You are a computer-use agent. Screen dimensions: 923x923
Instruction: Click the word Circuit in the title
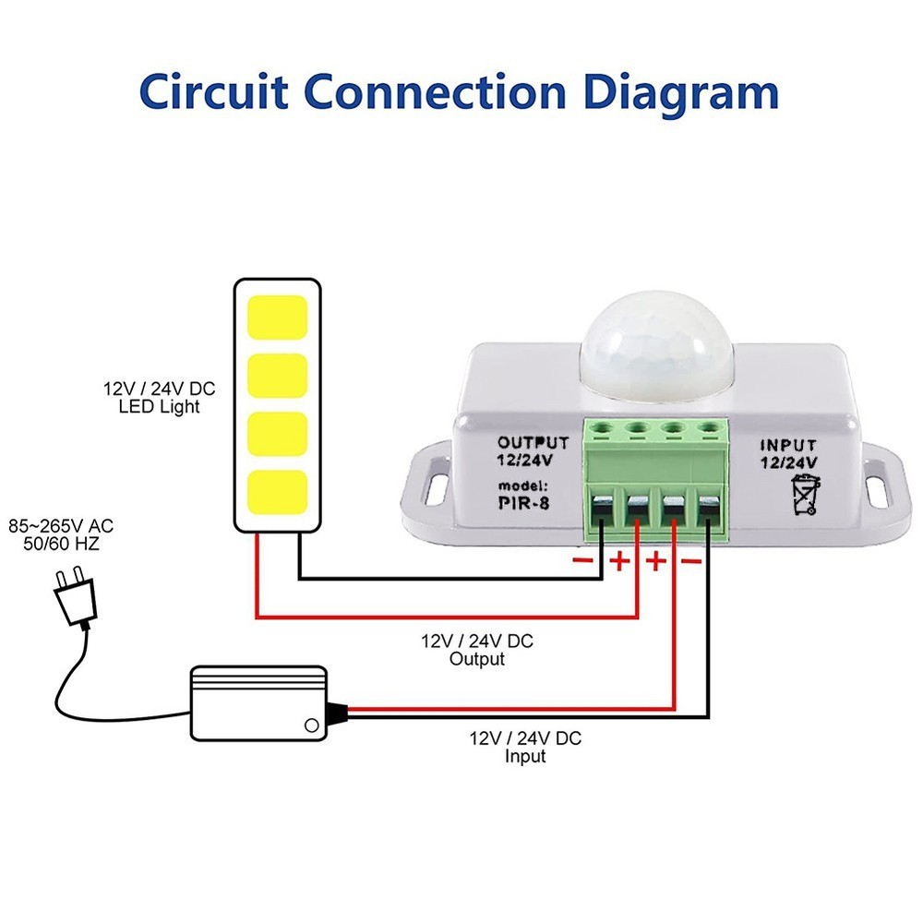[214, 92]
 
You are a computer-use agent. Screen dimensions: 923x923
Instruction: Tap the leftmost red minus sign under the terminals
[582, 560]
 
